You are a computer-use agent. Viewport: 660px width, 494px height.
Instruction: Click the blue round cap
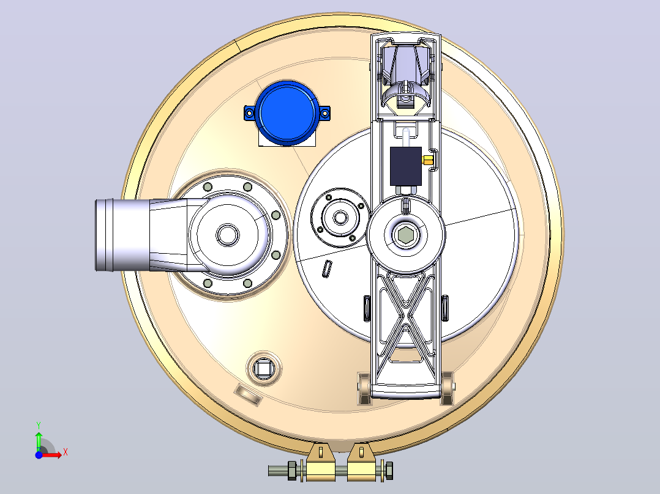pyautogui.click(x=288, y=112)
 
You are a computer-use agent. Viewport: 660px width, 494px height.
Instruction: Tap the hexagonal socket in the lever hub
pyautogui.click(x=405, y=235)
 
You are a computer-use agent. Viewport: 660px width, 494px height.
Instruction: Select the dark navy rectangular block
pyautogui.click(x=406, y=166)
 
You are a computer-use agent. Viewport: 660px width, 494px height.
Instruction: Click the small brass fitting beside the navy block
pyautogui.click(x=427, y=160)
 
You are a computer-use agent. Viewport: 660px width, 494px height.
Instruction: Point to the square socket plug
pyautogui.click(x=263, y=369)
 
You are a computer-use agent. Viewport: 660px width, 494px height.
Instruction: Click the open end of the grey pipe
pyautogui.click(x=104, y=235)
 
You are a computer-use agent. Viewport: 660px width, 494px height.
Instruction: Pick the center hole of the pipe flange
pyautogui.click(x=228, y=235)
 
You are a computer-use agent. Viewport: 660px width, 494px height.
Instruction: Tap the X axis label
pyautogui.click(x=66, y=452)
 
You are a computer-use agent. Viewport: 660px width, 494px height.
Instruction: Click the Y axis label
pyautogui.click(x=39, y=425)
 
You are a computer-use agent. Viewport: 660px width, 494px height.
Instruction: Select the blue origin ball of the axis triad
pyautogui.click(x=39, y=455)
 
